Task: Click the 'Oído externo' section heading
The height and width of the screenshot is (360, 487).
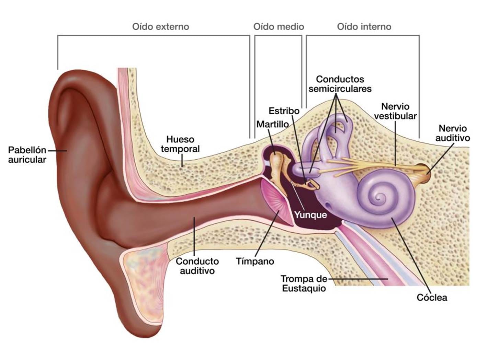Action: (160, 26)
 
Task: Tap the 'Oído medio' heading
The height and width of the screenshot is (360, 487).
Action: (279, 26)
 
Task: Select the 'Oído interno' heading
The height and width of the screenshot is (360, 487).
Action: (364, 26)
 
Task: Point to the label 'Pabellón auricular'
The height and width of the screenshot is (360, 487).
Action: (27, 155)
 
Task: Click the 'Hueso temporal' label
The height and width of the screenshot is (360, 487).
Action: (180, 144)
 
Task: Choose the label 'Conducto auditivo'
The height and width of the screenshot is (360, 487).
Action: (197, 266)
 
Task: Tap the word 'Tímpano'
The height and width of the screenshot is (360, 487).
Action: (255, 262)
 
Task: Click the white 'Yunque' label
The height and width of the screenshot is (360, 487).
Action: (310, 215)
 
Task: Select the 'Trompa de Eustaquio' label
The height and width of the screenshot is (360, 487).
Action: (304, 283)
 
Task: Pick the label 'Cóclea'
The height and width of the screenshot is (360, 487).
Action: (432, 297)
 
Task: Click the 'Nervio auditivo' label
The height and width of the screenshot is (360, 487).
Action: (453, 133)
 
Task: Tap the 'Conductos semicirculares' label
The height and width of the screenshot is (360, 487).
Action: (340, 84)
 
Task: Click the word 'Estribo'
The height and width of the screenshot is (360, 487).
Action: (284, 111)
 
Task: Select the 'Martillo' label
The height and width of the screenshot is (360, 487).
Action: (272, 124)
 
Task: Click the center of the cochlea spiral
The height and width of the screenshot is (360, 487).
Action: (380, 197)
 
